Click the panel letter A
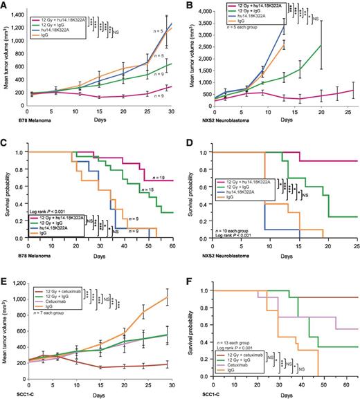tap(5, 6)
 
